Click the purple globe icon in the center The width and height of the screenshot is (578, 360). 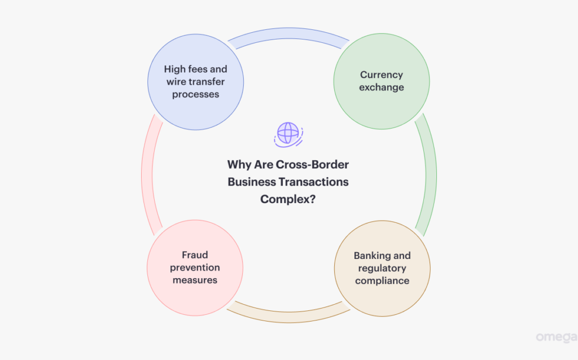[288, 134]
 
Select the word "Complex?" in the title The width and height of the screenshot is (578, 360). [288, 199]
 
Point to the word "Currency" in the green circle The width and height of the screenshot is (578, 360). [382, 74]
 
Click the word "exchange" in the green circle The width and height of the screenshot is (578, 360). [382, 87]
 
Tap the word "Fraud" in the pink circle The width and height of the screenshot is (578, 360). [195, 254]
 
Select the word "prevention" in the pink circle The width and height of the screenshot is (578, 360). [195, 267]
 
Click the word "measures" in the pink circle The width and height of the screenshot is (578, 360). [195, 280]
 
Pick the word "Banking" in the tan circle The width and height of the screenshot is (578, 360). [373, 256]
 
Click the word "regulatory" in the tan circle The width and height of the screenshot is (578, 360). [382, 268]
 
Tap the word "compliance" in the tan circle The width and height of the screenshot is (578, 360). [382, 280]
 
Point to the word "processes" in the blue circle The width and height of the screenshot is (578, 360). [195, 94]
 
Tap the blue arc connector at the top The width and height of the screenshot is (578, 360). [288, 38]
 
